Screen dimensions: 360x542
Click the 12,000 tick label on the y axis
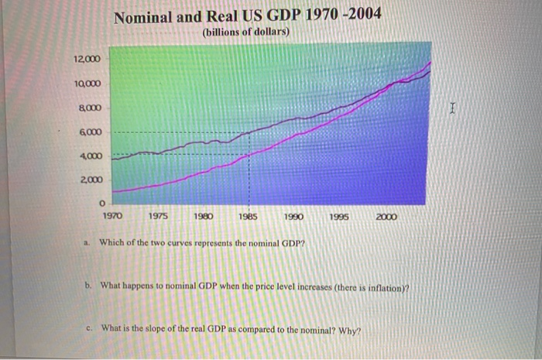[x=86, y=60]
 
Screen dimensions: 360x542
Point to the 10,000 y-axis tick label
[x=86, y=84]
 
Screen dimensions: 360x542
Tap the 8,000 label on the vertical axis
[x=87, y=108]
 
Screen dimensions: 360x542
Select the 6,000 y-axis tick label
[x=87, y=132]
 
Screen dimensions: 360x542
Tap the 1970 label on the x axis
[x=113, y=218]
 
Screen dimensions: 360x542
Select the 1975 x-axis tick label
[x=159, y=218]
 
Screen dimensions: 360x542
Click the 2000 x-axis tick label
[x=385, y=218]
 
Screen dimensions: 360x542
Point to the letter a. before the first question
[x=87, y=242]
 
